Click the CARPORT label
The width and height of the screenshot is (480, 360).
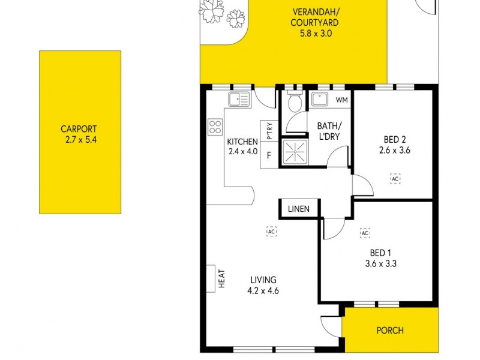79,128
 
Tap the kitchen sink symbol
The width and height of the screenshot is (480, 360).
238,99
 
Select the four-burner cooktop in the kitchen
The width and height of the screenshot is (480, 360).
215,127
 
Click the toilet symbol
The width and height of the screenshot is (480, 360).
294,104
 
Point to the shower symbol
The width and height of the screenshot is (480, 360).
294,152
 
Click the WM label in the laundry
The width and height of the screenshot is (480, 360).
341,100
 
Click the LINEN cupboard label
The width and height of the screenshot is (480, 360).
298,209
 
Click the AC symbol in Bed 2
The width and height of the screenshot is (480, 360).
395,179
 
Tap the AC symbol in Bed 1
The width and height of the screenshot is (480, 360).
364,233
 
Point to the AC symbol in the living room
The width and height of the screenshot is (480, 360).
271,231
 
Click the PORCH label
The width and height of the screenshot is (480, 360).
390,330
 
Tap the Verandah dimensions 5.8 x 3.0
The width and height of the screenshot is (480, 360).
316,34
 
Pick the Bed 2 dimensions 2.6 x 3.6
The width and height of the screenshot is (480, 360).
394,151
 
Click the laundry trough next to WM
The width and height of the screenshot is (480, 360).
319,100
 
